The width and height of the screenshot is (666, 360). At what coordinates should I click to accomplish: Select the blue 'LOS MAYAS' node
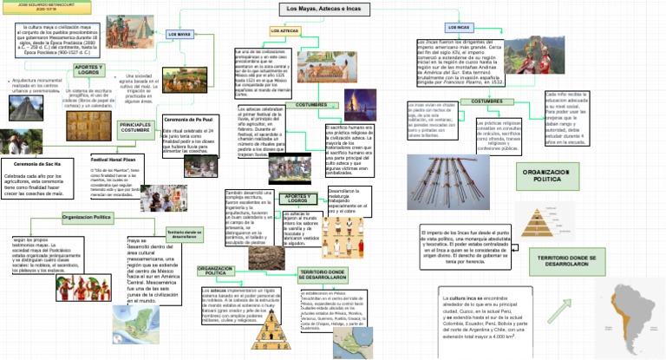179,34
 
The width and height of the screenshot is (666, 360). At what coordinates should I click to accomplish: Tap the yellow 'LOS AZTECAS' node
285,30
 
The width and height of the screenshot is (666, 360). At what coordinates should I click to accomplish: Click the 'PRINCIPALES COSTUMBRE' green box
134,128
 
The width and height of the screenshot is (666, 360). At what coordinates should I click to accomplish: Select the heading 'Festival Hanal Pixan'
110,160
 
